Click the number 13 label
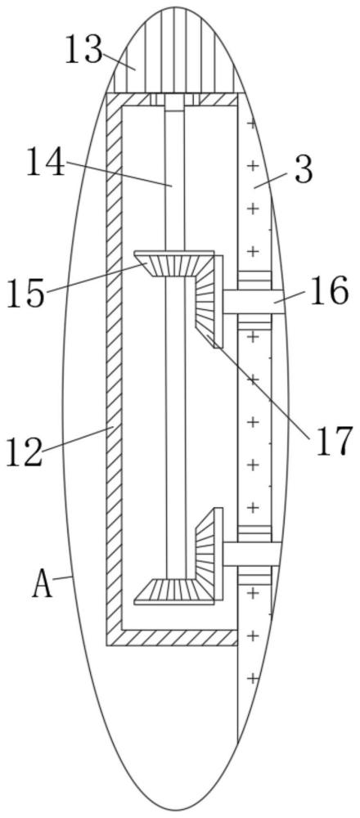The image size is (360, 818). point(83,51)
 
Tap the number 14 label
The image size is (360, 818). point(46,162)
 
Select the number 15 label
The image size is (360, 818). point(25,293)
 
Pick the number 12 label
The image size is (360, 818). point(24,452)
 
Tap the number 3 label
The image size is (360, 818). point(304,170)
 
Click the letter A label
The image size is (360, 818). point(43,585)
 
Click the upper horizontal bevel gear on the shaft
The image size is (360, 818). point(174,263)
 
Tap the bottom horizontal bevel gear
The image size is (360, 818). point(173,591)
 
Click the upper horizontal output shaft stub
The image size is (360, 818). point(254,302)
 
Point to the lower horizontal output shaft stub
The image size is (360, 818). point(253,554)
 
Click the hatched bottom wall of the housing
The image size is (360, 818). point(172,637)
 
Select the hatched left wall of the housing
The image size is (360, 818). point(114,369)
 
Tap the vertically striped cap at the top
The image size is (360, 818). point(175,51)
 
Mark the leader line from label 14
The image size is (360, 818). point(119,173)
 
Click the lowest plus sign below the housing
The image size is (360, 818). point(253,679)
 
